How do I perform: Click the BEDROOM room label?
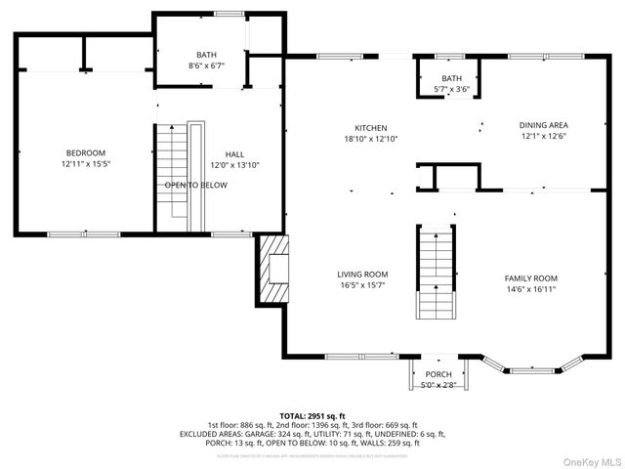[86, 152]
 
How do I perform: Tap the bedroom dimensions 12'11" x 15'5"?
[86, 164]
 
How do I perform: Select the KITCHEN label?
[371, 128]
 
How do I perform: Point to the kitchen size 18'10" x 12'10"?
[371, 139]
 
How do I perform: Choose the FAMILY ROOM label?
[530, 277]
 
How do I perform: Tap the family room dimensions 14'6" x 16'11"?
[530, 289]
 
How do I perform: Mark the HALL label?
[234, 153]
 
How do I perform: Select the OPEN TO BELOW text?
[195, 185]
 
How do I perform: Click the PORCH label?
[438, 374]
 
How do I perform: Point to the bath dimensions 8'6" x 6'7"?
[206, 66]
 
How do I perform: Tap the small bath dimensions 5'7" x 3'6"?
[451, 90]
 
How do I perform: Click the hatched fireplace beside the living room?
[272, 268]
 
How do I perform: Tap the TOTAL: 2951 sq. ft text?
[312, 416]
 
